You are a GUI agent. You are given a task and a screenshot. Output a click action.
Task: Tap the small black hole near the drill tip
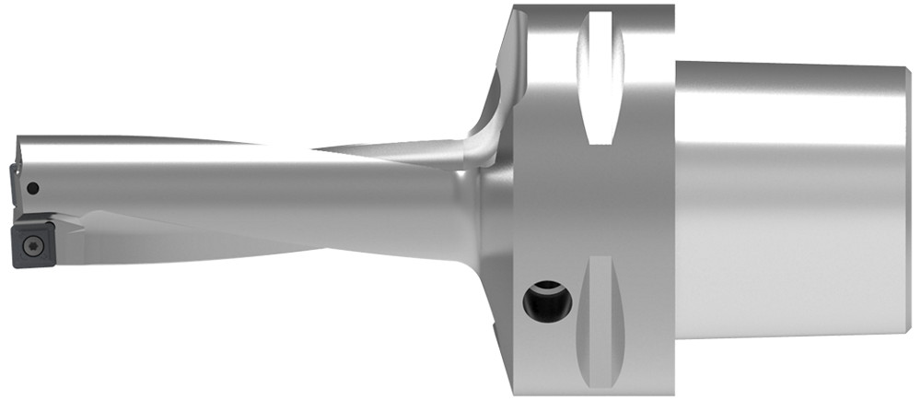pyautogui.click(x=32, y=189)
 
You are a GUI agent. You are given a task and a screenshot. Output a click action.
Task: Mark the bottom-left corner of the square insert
pyautogui.click(x=16, y=265)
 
